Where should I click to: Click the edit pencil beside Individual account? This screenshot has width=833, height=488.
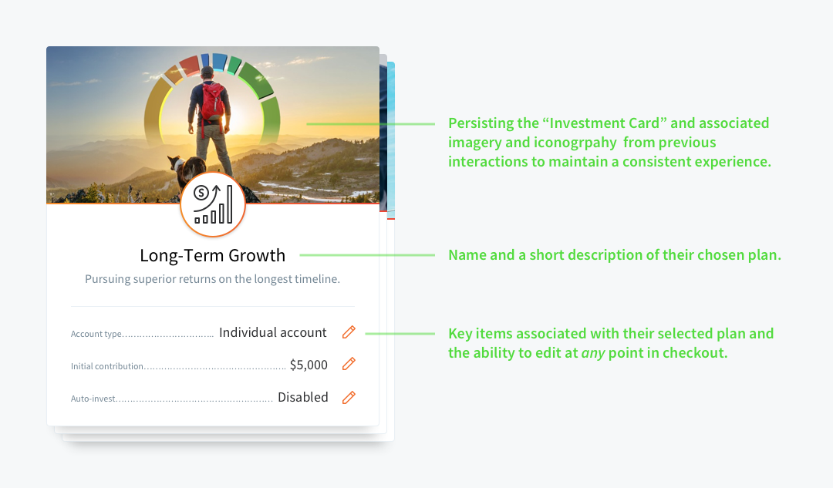coord(349,332)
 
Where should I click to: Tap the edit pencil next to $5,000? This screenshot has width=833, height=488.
coord(349,365)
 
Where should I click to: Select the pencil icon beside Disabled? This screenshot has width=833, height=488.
coord(349,397)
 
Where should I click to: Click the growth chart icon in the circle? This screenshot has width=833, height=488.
coord(213,204)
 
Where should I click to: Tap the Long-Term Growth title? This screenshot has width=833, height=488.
coord(213,255)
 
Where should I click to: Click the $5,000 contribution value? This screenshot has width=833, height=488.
coord(309,365)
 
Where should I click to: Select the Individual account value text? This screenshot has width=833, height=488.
coord(272,332)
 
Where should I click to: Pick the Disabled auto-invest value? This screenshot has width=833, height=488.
coord(303,397)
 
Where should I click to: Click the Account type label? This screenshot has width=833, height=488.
coord(96,334)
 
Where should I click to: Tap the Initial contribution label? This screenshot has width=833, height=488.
coord(107,366)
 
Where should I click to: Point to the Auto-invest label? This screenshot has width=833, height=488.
coord(93,399)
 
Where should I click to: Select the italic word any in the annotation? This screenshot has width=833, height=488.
coord(593,353)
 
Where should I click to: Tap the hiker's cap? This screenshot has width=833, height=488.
coord(207,71)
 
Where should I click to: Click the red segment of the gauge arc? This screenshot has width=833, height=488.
coord(189,66)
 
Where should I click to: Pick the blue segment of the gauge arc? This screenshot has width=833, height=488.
coord(219,62)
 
